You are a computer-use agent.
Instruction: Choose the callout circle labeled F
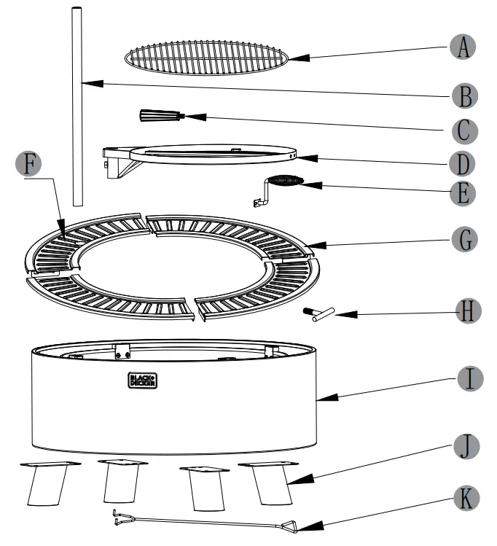(29, 164)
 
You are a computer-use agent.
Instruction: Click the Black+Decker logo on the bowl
(144, 380)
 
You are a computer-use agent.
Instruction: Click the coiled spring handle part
(284, 182)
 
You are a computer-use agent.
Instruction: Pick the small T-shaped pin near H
(318, 313)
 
